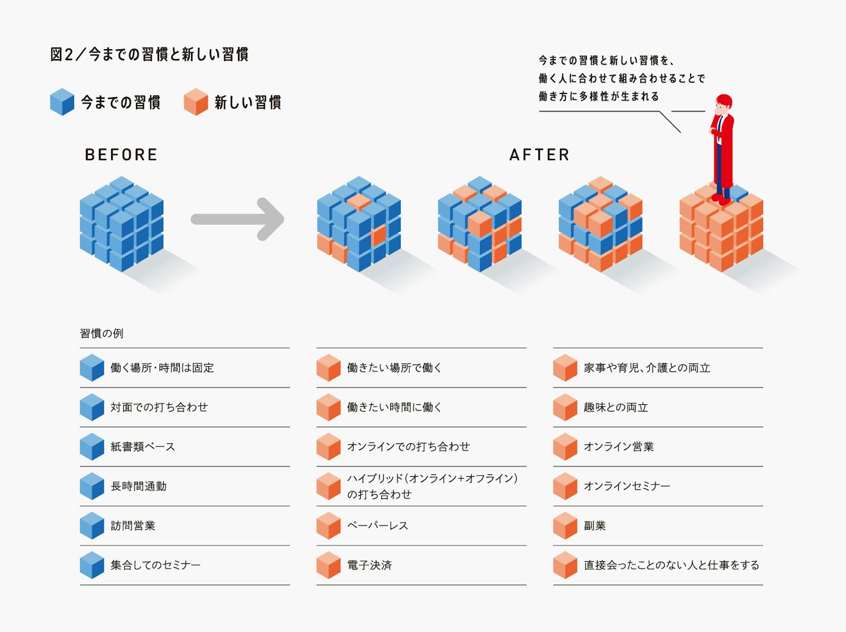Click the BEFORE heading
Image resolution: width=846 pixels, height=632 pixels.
121,155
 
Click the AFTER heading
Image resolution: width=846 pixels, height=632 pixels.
539,155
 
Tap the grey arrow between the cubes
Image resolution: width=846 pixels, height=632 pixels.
238,219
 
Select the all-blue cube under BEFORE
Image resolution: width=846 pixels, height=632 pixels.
122,224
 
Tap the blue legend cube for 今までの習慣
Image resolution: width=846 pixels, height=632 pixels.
62,102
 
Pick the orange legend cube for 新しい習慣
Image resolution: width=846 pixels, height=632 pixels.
196,102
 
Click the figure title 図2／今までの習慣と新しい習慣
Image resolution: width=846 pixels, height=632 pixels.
149,54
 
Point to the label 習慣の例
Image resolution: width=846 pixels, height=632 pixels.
102,333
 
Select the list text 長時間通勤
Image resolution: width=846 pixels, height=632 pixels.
139,486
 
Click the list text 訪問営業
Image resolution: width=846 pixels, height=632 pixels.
133,526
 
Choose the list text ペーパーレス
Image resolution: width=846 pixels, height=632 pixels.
378,526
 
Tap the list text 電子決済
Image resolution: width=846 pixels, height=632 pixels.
370,565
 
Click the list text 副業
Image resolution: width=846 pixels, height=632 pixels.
595,526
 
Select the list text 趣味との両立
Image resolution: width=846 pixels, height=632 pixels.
616,407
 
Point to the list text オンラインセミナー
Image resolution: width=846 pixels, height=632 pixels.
627,486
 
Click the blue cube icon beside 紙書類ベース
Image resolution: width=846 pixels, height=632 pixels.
92,447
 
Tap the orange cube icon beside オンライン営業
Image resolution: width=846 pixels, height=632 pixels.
565,447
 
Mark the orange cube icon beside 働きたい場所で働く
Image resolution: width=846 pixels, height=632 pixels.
328,368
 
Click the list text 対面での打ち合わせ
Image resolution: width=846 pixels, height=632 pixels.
159,407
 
